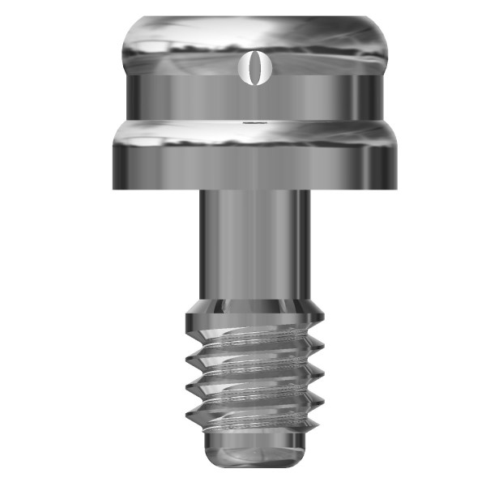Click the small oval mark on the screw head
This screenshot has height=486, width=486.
(x=251, y=67)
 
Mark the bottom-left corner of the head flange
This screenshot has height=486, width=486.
(x=114, y=189)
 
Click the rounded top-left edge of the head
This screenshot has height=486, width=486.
(x=130, y=24)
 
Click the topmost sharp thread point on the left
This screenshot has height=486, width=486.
(x=186, y=356)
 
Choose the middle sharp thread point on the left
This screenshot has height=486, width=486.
(x=186, y=386)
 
